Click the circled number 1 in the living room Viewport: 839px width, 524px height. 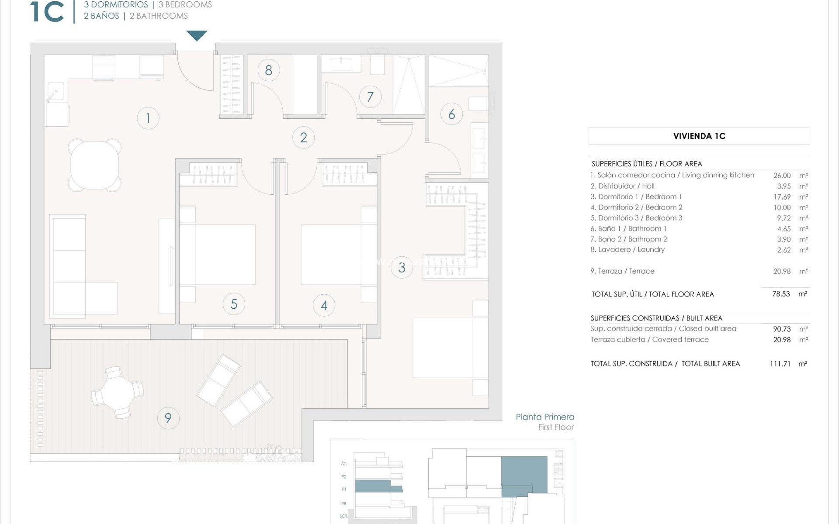click(x=148, y=118)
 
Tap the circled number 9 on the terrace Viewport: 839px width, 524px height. click(x=168, y=418)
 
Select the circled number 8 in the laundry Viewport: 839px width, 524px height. click(x=268, y=70)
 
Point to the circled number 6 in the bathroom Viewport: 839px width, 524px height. click(x=451, y=114)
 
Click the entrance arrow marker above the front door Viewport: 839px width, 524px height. click(x=197, y=35)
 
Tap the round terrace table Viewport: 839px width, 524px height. click(x=117, y=393)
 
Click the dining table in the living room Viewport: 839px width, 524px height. click(x=94, y=165)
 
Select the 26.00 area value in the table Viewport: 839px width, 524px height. click(x=782, y=176)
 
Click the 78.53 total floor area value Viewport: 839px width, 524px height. click(x=781, y=294)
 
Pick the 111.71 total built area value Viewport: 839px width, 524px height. click(x=780, y=364)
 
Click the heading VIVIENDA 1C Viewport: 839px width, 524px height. click(x=699, y=136)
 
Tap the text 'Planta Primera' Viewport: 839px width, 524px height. click(x=545, y=417)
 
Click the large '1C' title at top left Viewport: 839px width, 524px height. click(x=47, y=12)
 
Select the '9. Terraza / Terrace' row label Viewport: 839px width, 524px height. click(x=622, y=271)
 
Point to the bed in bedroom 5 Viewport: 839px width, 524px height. click(x=217, y=255)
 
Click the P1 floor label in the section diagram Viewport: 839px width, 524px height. click(x=344, y=490)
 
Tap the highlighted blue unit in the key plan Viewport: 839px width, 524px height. click(x=524, y=475)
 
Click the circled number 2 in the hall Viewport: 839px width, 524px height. click(x=303, y=138)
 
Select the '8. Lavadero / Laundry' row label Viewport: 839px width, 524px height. click(x=627, y=250)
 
